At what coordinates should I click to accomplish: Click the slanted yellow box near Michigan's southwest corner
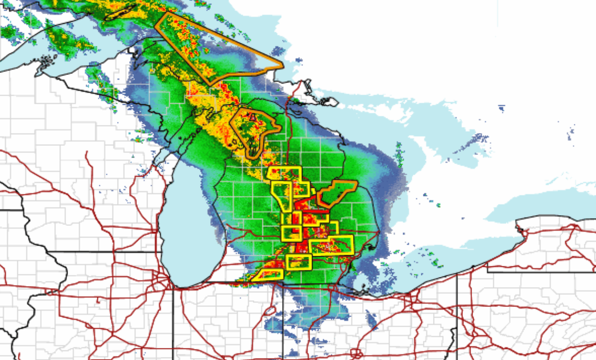pos(268,275)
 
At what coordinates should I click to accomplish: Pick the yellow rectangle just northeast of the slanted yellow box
pos(299,262)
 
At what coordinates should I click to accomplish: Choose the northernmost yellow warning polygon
pos(284,173)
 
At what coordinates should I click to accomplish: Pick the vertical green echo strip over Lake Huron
pos(399,154)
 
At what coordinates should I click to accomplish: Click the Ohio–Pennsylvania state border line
pos(457,309)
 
